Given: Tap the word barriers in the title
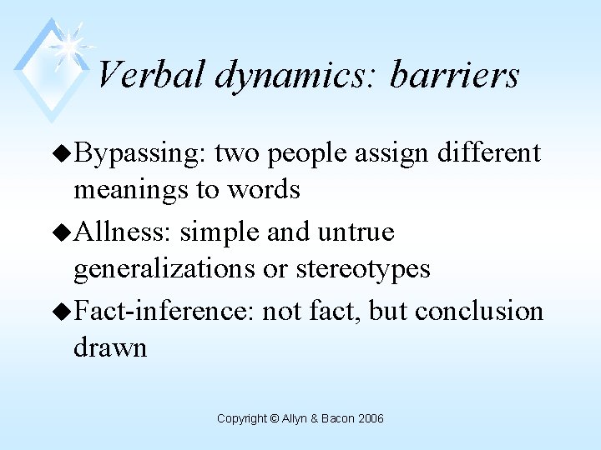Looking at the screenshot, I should [x=455, y=75].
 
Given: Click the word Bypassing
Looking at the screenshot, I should [x=139, y=154].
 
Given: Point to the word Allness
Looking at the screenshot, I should [x=122, y=232].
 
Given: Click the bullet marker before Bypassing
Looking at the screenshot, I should [x=63, y=154].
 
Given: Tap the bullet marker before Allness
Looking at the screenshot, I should [x=63, y=232].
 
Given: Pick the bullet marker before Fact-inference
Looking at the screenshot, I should [x=63, y=312].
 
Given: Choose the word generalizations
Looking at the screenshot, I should [x=164, y=269].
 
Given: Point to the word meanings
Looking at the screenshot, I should [x=129, y=191].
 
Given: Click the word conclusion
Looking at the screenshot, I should [x=479, y=311].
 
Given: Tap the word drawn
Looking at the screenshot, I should [x=110, y=347].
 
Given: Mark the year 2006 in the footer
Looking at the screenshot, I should [x=370, y=418].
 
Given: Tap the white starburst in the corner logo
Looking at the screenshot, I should [x=70, y=42].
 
